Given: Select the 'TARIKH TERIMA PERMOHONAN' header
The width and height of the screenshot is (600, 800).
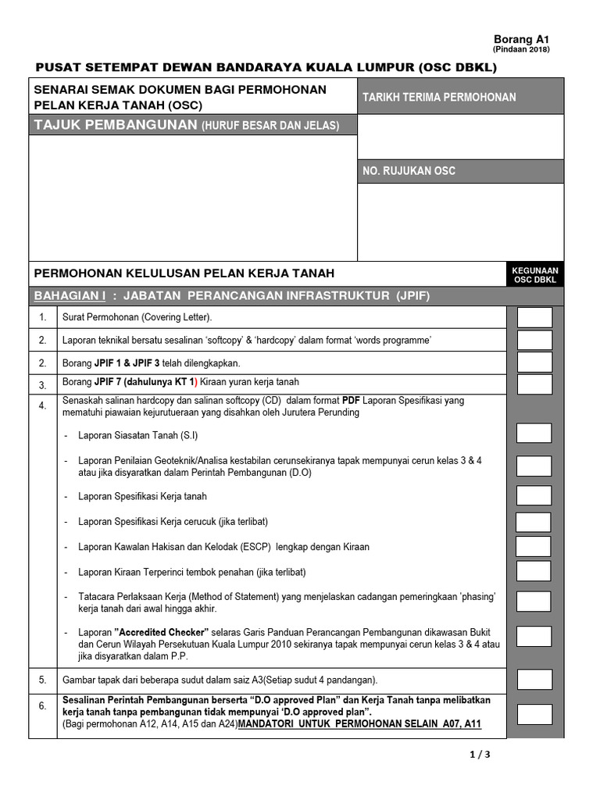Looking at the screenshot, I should [x=438, y=97].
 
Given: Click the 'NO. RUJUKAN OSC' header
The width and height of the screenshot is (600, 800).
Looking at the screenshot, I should [x=409, y=171].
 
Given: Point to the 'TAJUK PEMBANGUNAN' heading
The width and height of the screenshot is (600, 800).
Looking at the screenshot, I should [x=115, y=125].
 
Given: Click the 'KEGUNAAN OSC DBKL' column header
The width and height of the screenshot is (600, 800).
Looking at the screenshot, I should [x=534, y=274].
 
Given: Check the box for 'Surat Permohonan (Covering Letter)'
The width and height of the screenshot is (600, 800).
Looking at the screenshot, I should [x=534, y=317].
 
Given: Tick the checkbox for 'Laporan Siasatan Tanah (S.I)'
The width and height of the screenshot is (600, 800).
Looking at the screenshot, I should [x=534, y=434].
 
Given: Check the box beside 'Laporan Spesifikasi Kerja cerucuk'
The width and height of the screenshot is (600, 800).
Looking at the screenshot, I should [x=534, y=521].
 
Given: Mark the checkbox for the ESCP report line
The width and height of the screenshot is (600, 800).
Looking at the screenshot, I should [x=534, y=546].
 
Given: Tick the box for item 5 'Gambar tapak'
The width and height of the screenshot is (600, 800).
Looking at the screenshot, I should [x=534, y=679].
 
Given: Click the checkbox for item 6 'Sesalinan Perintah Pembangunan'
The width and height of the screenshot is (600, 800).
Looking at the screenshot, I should [x=534, y=714].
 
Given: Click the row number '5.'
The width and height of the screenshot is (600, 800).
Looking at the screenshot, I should [x=44, y=680].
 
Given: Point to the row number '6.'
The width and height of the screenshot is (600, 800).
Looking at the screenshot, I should [x=44, y=706].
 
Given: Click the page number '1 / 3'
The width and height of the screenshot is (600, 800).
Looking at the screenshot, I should [x=479, y=755].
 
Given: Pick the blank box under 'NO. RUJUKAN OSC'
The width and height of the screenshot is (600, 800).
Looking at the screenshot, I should [x=461, y=222].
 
